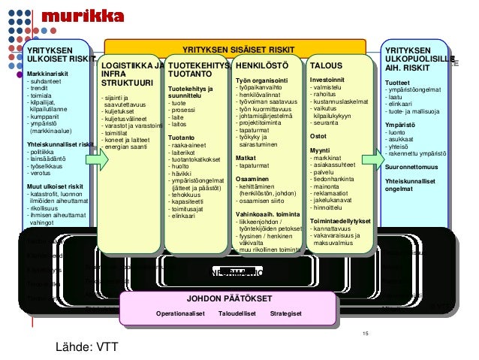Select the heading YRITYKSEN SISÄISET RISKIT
click(x=239, y=50)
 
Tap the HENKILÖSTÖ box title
click(x=257, y=66)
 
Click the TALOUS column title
click(x=324, y=66)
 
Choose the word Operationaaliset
click(x=181, y=313)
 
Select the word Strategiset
click(x=286, y=313)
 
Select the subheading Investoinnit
click(x=328, y=77)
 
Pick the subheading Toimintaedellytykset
click(x=340, y=221)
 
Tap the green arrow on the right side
click(x=372, y=160)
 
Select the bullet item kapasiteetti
click(x=188, y=201)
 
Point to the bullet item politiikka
click(x=45, y=153)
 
